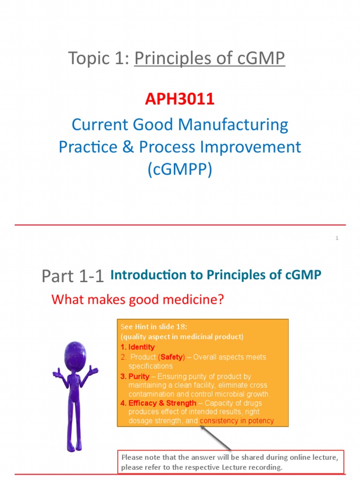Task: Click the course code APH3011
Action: click(x=180, y=99)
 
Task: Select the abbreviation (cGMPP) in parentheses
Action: click(x=180, y=169)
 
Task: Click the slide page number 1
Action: click(x=337, y=239)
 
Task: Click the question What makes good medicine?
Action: click(x=138, y=299)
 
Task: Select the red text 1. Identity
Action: click(x=138, y=347)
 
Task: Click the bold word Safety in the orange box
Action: click(x=172, y=357)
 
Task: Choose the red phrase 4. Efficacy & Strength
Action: click(x=158, y=403)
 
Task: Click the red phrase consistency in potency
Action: click(x=237, y=420)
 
